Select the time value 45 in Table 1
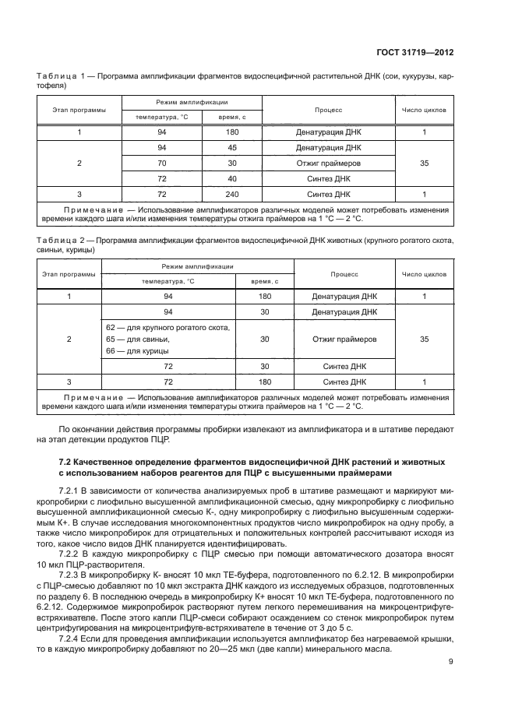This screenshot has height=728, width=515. pos(231,148)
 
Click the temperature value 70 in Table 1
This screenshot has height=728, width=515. pos(162,163)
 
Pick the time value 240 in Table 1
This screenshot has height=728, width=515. pos(231,194)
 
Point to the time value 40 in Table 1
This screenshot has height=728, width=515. pos(231,178)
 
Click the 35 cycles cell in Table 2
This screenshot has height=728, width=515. pos(424,339)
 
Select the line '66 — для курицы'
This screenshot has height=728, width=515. pos(133,352)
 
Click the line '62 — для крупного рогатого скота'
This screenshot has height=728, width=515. pos(168,328)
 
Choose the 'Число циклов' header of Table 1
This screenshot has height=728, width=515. pos(424,110)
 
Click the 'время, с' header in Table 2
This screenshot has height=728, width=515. pos(265,281)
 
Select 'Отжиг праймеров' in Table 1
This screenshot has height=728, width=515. pos(328,163)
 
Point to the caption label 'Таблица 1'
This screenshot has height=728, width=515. pos(58,77)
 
